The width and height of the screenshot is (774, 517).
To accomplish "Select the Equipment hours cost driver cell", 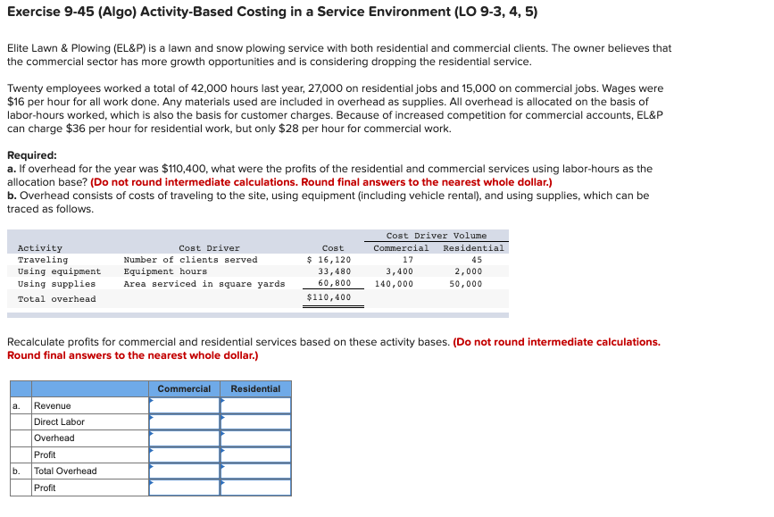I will click(165, 271).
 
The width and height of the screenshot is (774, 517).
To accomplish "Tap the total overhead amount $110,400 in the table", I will click(329, 297).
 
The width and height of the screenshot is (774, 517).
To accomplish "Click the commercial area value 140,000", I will click(394, 284).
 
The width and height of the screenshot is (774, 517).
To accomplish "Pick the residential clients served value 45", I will click(477, 260).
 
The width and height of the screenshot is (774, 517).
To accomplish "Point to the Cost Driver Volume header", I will click(437, 236).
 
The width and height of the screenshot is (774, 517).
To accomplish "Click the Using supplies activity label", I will click(56, 284).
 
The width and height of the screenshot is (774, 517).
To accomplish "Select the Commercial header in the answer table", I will click(184, 389).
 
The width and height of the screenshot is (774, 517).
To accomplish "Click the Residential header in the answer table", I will click(255, 389).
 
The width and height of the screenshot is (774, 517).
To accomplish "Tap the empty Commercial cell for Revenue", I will click(184, 405).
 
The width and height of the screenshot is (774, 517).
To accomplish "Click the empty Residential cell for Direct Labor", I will click(255, 421).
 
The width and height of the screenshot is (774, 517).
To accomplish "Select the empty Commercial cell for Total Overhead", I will click(184, 471).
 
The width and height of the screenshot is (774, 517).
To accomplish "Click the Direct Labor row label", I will click(59, 421).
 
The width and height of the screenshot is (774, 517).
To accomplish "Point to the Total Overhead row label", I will click(65, 471).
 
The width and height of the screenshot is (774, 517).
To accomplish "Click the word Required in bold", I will click(32, 154).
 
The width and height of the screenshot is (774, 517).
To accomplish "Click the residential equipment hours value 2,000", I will click(468, 271).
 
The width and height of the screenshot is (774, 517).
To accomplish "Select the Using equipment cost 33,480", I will click(335, 271).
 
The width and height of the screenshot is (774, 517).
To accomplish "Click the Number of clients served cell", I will click(190, 260).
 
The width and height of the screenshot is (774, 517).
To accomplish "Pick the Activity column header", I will click(40, 248).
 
